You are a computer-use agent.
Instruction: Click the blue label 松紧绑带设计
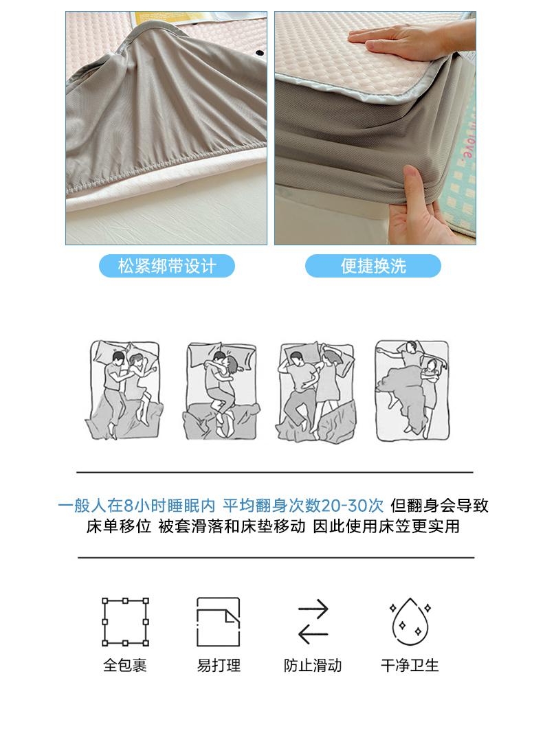[x=166, y=266]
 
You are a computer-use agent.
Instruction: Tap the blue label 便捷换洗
[x=373, y=266]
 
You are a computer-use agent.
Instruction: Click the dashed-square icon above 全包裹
[x=125, y=622]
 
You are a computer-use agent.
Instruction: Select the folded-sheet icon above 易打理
[x=219, y=622]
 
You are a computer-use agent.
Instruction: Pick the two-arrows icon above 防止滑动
[x=313, y=622]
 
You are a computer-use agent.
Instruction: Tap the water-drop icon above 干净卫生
[x=410, y=622]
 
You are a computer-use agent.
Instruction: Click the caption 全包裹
[x=125, y=665]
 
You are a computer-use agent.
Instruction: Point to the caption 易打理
[x=219, y=665]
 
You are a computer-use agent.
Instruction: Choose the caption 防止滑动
[x=313, y=665]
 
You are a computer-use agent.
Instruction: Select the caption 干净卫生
[x=410, y=665]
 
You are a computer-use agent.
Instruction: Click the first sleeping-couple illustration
[x=124, y=390]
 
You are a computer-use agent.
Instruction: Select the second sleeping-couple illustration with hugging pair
[x=221, y=390]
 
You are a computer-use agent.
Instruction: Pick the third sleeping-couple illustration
[x=316, y=392]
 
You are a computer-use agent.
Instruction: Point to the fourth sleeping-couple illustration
[x=412, y=390]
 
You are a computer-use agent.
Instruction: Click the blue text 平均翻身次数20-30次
[x=303, y=506]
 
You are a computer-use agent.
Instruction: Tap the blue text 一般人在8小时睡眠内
[x=137, y=506]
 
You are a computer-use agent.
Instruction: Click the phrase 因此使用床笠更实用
[x=386, y=526]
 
